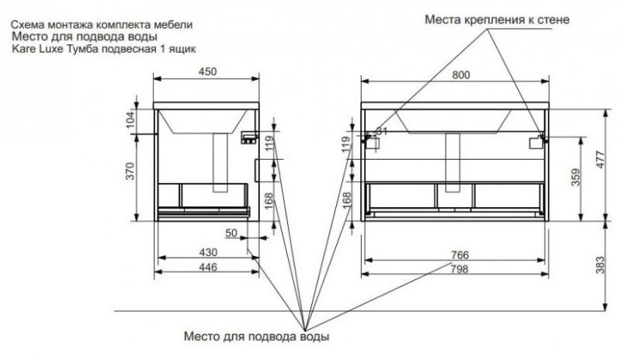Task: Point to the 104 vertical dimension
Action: [x=130, y=119]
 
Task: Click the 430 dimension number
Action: [x=206, y=252]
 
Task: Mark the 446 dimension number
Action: [x=206, y=267]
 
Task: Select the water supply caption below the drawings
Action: [x=256, y=337]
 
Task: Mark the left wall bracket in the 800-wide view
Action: [x=372, y=141]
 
